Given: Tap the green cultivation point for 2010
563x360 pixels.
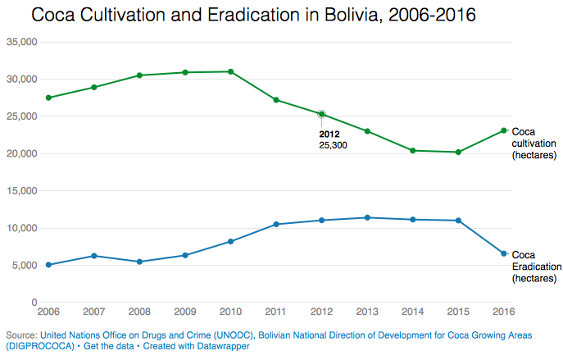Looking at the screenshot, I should tap(231, 71).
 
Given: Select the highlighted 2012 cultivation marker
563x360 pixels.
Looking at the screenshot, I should tap(322, 114).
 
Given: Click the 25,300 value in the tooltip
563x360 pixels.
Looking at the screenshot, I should tap(334, 144).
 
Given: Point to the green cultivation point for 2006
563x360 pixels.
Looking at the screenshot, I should tap(48, 98).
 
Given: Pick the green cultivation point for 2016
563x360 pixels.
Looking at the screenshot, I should tap(504, 130).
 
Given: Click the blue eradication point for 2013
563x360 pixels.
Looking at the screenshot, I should tap(367, 217).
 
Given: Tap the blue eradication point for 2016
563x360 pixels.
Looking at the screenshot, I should tap(504, 253).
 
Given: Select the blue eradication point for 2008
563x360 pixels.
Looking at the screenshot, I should tap(139, 262).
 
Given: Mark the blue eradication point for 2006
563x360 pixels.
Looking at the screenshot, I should tap(48, 265).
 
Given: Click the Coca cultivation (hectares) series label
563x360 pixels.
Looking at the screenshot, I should tap(533, 143).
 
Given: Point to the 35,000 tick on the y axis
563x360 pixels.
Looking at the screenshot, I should tap(20, 42).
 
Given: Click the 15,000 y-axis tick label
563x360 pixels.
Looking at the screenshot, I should tap(20, 191).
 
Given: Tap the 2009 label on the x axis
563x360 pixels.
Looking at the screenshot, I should tap(185, 312).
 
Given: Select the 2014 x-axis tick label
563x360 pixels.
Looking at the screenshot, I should tap(413, 312).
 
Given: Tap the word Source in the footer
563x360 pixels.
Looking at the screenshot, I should tap(20, 335).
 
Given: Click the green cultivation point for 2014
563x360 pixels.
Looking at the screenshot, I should tap(413, 151).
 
